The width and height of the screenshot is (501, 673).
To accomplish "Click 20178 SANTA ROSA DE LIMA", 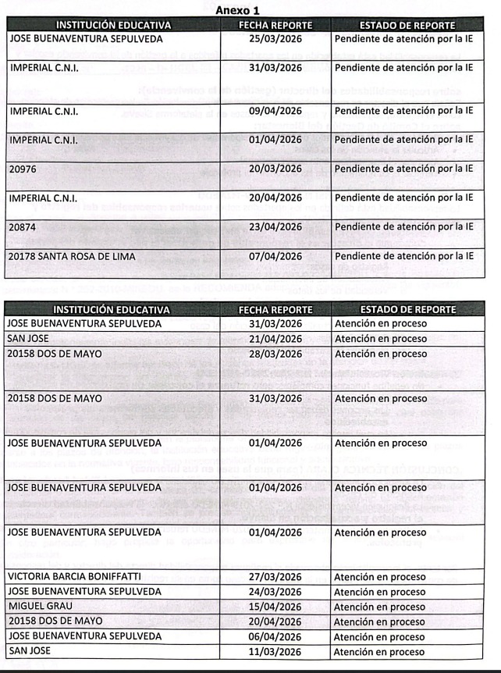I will (x=72, y=257).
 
